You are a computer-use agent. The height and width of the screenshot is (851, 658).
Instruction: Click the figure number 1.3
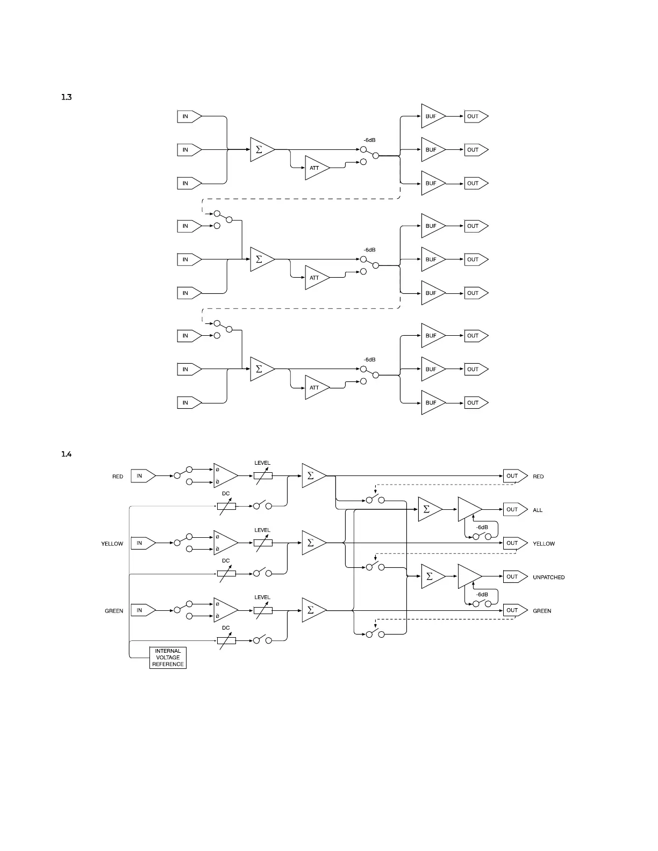click(x=66, y=97)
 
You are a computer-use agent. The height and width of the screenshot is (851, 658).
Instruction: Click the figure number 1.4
click(x=66, y=455)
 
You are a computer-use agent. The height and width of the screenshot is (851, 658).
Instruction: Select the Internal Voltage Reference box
click(x=168, y=658)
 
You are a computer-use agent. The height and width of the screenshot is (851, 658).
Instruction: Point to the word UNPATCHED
click(x=548, y=578)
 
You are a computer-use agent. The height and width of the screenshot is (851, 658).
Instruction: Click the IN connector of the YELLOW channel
click(x=142, y=543)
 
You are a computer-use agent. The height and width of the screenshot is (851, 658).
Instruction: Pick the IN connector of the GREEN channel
click(x=142, y=610)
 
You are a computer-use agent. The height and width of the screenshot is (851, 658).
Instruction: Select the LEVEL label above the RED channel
click(x=262, y=463)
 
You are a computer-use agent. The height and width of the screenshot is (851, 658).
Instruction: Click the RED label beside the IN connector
click(x=117, y=477)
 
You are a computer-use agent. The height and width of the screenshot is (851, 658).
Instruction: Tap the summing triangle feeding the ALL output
click(x=428, y=509)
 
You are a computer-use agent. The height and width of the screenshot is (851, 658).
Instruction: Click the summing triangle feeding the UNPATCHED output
click(x=431, y=576)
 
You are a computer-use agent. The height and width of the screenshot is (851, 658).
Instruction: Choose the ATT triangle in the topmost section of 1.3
click(x=316, y=168)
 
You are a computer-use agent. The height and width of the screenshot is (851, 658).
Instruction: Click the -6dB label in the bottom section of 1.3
click(x=369, y=360)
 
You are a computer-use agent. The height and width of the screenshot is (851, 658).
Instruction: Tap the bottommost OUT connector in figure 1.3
click(x=476, y=403)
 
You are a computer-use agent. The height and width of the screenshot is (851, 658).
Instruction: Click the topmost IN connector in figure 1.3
click(x=189, y=116)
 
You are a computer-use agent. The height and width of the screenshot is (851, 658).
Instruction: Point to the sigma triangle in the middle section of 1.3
click(x=261, y=259)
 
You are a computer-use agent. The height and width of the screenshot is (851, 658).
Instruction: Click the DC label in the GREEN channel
click(x=226, y=628)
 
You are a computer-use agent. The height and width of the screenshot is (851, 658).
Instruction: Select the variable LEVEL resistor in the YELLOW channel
click(x=263, y=543)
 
